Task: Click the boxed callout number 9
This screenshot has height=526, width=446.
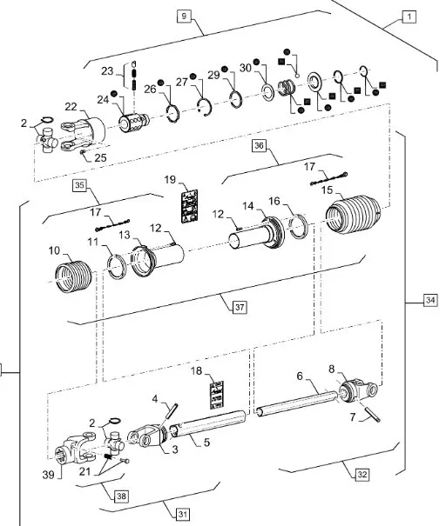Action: [x=184, y=16]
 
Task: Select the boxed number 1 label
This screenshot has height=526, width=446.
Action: [x=409, y=17]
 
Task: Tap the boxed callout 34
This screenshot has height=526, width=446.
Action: [x=430, y=300]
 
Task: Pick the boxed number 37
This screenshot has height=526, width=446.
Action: [x=240, y=307]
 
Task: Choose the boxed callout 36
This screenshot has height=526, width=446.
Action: [x=259, y=145]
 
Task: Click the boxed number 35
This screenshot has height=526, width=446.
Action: [x=79, y=185]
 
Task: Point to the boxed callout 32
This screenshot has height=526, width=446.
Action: [x=362, y=475]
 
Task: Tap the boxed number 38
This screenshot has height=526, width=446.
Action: [x=121, y=496]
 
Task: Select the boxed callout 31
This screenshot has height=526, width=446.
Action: [x=183, y=514]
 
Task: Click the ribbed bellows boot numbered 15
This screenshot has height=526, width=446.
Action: [x=353, y=213]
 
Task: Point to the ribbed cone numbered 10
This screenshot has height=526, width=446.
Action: [x=73, y=276]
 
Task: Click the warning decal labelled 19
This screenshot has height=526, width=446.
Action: [x=189, y=206]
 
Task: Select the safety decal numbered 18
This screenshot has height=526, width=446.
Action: [x=217, y=395]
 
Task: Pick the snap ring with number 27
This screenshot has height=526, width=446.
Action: [x=205, y=107]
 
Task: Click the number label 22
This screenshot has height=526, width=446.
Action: [x=71, y=107]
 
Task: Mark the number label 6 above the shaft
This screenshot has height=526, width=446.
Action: [x=300, y=376]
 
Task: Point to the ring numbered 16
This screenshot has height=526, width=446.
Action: [x=299, y=226]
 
